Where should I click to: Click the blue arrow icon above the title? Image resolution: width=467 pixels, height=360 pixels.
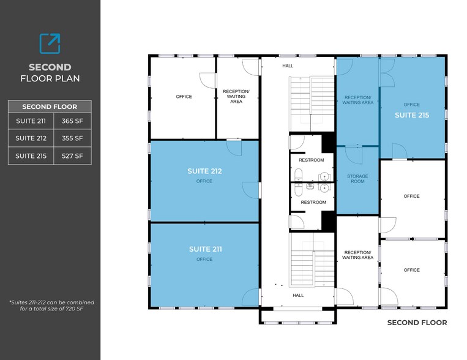[50, 43]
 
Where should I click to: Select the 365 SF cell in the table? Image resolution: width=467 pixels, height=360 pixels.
[72, 121]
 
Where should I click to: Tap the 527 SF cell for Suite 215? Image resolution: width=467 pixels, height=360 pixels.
[72, 156]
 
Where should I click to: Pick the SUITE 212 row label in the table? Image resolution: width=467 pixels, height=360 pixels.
[31, 138]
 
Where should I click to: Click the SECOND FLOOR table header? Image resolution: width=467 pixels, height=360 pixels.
[50, 106]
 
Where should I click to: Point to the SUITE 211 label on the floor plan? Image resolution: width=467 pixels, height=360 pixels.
[205, 249]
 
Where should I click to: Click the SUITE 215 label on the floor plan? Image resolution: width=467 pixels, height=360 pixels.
[411, 114]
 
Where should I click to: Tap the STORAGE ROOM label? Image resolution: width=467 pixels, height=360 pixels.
[359, 179]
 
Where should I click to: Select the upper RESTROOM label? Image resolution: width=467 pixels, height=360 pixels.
[312, 160]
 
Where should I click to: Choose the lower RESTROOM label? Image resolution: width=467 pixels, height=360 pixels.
[313, 202]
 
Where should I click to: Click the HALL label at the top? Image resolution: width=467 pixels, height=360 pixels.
[288, 66]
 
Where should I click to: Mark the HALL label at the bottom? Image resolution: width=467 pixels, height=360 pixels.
[297, 295]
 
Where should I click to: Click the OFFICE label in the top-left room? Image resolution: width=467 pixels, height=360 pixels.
[184, 97]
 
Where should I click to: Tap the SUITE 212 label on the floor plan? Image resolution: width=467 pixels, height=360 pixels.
[204, 171]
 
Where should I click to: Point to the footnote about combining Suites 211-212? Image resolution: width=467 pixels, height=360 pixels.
[51, 306]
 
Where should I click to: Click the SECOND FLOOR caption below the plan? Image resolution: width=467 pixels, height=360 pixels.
[417, 322]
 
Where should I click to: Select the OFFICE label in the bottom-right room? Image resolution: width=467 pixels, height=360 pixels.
[411, 270]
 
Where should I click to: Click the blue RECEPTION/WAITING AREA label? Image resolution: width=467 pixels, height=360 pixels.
[358, 100]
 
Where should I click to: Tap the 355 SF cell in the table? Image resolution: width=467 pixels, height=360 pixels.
[72, 138]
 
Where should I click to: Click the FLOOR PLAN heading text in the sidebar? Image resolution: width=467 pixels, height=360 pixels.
[50, 78]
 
